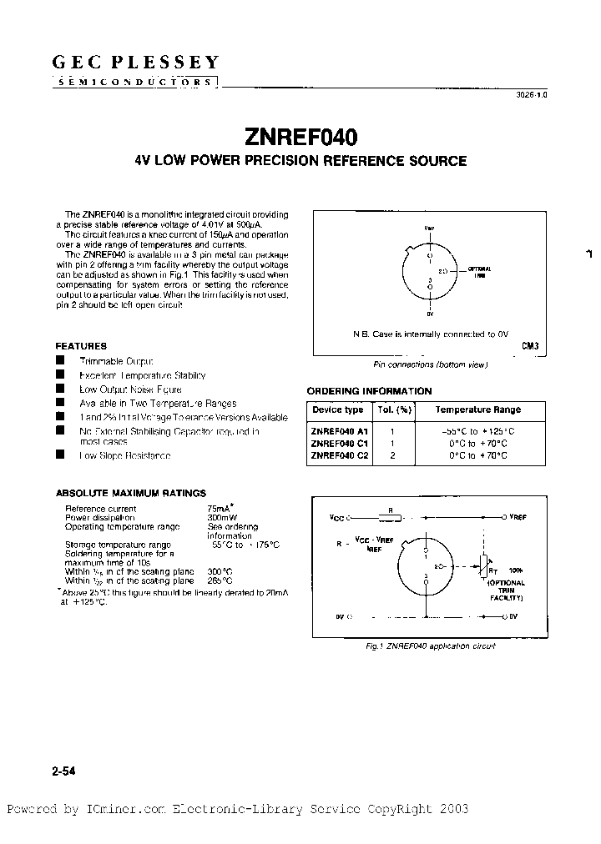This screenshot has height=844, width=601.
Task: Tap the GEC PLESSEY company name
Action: coord(136,62)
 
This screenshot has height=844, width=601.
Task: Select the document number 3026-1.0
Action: coord(530,95)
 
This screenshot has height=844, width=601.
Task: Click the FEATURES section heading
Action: coord(81,345)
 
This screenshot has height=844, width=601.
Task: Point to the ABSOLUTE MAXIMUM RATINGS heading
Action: coord(130,493)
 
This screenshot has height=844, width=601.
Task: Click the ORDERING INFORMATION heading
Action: coord(369,391)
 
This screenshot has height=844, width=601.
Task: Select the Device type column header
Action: coord(337,409)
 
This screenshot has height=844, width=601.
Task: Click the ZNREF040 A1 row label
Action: coord(339,431)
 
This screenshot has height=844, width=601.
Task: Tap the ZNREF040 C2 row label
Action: coord(339,456)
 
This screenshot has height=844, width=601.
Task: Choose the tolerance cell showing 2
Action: coord(391,456)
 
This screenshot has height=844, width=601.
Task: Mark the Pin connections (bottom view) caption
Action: coord(430,364)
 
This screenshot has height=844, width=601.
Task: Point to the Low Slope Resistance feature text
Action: coord(124,455)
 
